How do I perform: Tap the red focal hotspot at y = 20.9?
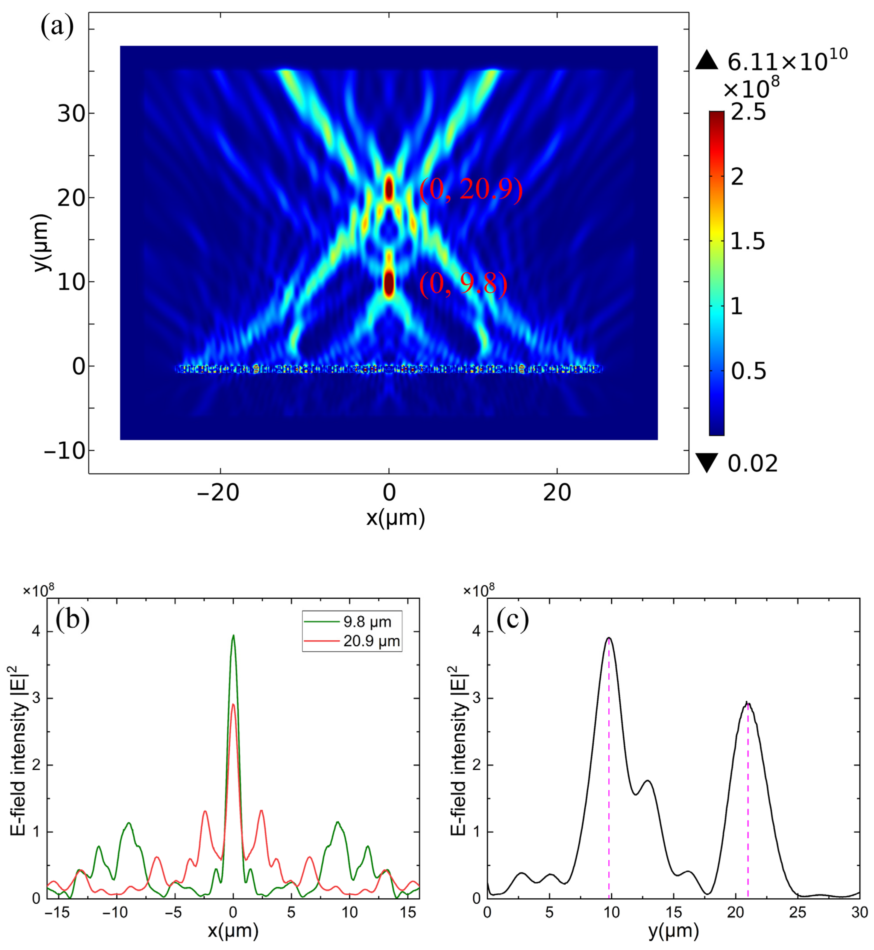[x=389, y=188]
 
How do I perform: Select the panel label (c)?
[x=513, y=619]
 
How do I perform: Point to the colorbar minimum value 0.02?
[x=752, y=464]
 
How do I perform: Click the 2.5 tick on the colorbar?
[x=748, y=113]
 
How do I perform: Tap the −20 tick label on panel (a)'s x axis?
[x=218, y=493]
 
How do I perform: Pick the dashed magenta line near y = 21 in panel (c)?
[x=748, y=804]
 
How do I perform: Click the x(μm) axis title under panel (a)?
[x=395, y=518]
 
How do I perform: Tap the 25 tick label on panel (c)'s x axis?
[x=797, y=912]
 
